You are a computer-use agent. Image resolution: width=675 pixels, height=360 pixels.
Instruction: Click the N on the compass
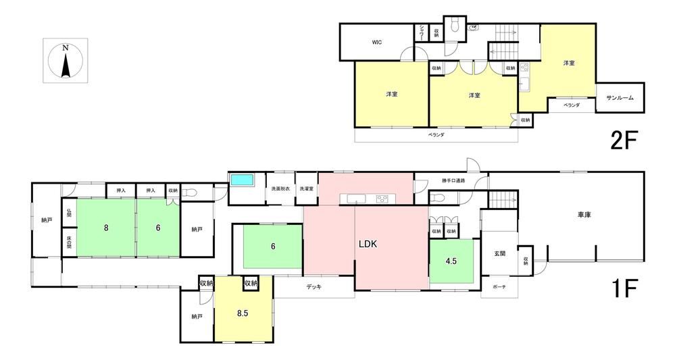66,48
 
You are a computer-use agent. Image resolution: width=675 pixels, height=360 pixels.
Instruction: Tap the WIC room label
377,42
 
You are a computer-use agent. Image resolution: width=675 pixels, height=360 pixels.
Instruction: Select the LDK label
368,245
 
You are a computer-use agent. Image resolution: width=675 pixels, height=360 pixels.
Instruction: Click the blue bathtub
243,180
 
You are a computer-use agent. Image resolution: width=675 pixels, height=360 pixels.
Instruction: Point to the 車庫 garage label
584,215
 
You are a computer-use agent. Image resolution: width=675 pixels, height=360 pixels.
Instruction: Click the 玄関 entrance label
499,253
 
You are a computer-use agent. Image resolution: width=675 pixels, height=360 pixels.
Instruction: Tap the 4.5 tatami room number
451,261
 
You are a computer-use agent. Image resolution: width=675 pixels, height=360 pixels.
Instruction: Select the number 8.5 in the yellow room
243,313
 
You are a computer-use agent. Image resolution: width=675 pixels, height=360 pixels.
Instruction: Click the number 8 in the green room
106,228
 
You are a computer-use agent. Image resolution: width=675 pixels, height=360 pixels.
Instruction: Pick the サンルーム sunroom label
620,98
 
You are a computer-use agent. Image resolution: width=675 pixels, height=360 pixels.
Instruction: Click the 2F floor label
624,140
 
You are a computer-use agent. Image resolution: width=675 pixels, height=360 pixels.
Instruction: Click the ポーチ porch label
499,287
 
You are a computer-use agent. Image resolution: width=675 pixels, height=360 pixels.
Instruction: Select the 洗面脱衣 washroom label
280,188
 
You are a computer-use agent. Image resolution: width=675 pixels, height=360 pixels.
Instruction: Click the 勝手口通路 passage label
454,180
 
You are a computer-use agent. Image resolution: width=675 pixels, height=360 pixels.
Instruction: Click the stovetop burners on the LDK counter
382,199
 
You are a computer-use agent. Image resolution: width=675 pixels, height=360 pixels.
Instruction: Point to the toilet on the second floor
454,26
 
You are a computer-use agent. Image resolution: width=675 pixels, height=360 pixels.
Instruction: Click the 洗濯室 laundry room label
307,188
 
